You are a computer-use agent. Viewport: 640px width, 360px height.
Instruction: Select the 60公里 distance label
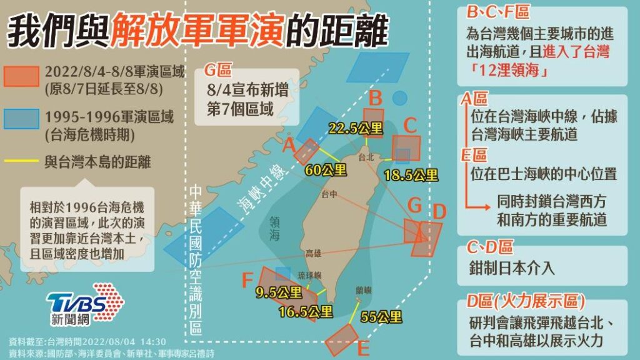click(x=325, y=169)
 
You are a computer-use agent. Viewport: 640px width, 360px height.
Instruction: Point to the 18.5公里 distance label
click(x=411, y=176)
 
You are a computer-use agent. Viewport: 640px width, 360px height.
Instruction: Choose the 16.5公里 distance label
click(x=306, y=311)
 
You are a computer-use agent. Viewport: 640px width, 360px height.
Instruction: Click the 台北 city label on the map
click(x=366, y=157)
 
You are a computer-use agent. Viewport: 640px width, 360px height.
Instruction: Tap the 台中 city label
click(x=329, y=195)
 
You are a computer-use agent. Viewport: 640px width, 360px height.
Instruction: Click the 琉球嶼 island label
click(x=309, y=276)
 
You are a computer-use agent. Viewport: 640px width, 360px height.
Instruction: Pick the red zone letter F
click(x=248, y=281)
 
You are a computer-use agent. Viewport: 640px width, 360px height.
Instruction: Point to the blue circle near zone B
click(x=399, y=98)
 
